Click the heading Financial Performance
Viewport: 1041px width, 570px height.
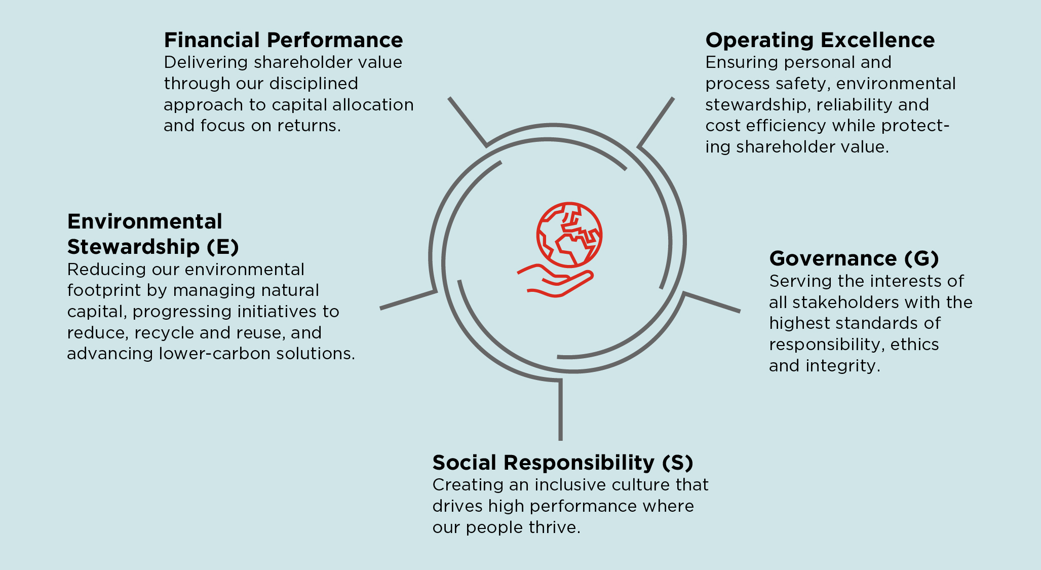pos(283,40)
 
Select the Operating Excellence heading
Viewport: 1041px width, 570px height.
pos(820,40)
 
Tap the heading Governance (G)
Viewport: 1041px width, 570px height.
pos(854,258)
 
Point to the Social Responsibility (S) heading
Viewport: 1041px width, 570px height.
pos(562,463)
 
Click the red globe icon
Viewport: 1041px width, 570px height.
pos(569,235)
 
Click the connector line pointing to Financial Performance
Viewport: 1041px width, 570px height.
pos(467,122)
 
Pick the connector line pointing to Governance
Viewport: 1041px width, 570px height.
pos(712,302)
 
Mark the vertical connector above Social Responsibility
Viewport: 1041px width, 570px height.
pos(560,410)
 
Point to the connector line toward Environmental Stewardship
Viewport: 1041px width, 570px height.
pos(408,299)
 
